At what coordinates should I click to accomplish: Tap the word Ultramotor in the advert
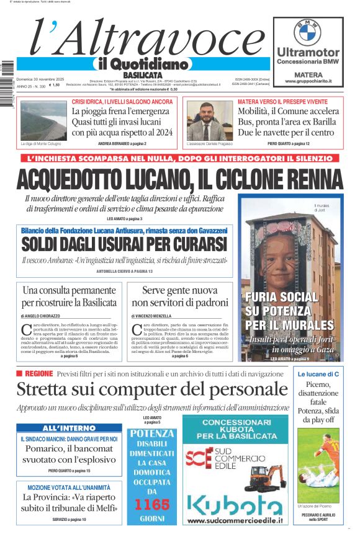coord(308,52)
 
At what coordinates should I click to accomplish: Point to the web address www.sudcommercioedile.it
coord(235,522)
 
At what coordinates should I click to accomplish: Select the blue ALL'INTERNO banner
coord(69,428)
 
